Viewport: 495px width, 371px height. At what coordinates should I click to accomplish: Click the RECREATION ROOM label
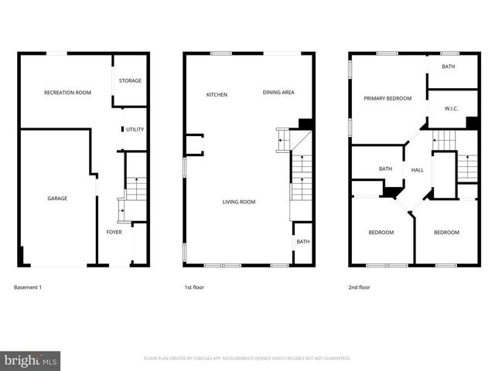tap(67, 93)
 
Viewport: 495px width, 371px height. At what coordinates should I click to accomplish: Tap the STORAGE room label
tap(130, 80)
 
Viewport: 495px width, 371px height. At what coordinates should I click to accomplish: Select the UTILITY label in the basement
tap(135, 130)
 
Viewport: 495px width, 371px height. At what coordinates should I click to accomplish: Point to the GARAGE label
tap(57, 199)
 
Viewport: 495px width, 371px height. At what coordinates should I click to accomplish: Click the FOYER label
tap(114, 232)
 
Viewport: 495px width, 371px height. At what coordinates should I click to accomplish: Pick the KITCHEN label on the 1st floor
tap(217, 94)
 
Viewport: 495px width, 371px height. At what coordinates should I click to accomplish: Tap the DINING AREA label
tap(278, 93)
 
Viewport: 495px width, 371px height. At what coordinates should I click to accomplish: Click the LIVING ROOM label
tap(239, 203)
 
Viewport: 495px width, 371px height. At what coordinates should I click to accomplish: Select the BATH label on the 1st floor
tap(302, 242)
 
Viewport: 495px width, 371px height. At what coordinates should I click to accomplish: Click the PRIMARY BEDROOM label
tap(387, 99)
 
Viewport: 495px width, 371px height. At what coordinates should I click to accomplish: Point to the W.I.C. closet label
tap(452, 109)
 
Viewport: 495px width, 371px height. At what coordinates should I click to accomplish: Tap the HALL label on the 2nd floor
tap(417, 170)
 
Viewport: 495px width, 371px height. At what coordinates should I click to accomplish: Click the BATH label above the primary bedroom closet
tap(449, 67)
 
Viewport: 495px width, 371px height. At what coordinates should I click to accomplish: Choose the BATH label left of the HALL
tap(385, 169)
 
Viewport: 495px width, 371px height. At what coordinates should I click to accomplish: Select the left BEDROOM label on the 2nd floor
tap(381, 233)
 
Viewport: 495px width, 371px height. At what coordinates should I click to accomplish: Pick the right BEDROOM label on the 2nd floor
tap(446, 233)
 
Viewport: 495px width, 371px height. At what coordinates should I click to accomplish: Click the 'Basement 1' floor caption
tap(28, 288)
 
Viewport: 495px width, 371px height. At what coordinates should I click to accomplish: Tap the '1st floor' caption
tap(194, 288)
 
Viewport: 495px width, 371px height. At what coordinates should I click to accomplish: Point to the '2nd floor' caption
tap(360, 288)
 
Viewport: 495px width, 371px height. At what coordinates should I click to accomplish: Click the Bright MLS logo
tap(31, 360)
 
